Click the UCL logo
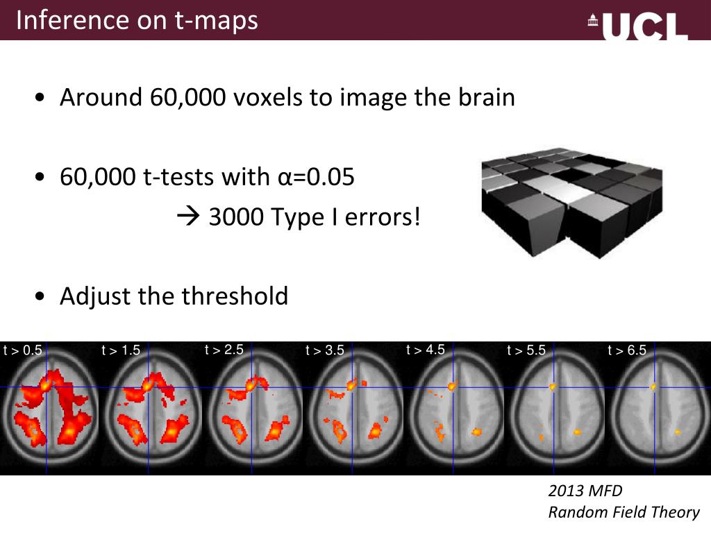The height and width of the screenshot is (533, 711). coord(637,26)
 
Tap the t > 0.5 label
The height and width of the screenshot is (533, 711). coord(23,350)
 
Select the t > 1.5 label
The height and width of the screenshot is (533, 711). coord(121,350)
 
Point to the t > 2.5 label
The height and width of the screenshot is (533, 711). coord(224,350)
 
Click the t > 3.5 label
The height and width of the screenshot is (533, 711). coord(324,350)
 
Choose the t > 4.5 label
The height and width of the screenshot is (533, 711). coord(425,350)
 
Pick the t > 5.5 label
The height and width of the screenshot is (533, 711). coord(526,350)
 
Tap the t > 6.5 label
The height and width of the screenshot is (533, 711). coord(626,350)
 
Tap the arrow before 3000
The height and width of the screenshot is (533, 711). coord(187,218)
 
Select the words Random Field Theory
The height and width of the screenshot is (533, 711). coord(624,512)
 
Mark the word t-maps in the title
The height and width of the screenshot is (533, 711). coord(217,20)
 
